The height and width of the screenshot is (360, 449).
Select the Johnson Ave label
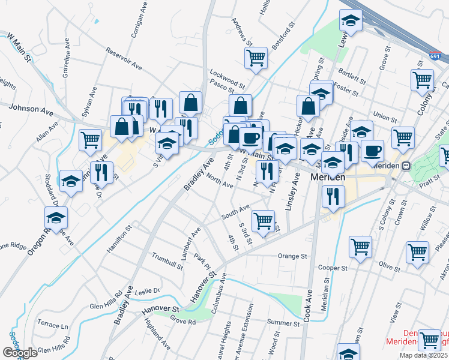(31, 110)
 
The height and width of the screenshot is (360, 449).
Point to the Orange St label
(292, 256)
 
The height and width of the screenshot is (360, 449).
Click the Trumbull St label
(168, 259)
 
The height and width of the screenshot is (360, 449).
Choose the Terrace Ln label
(53, 324)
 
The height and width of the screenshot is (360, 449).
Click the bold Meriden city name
(327, 178)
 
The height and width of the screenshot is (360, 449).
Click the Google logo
(20, 353)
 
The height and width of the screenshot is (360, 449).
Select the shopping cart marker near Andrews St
(256, 58)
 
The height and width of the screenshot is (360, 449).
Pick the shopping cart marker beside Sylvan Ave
(90, 140)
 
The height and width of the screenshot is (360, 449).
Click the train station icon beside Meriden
(406, 166)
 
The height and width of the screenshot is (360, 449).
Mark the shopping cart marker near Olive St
(417, 252)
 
